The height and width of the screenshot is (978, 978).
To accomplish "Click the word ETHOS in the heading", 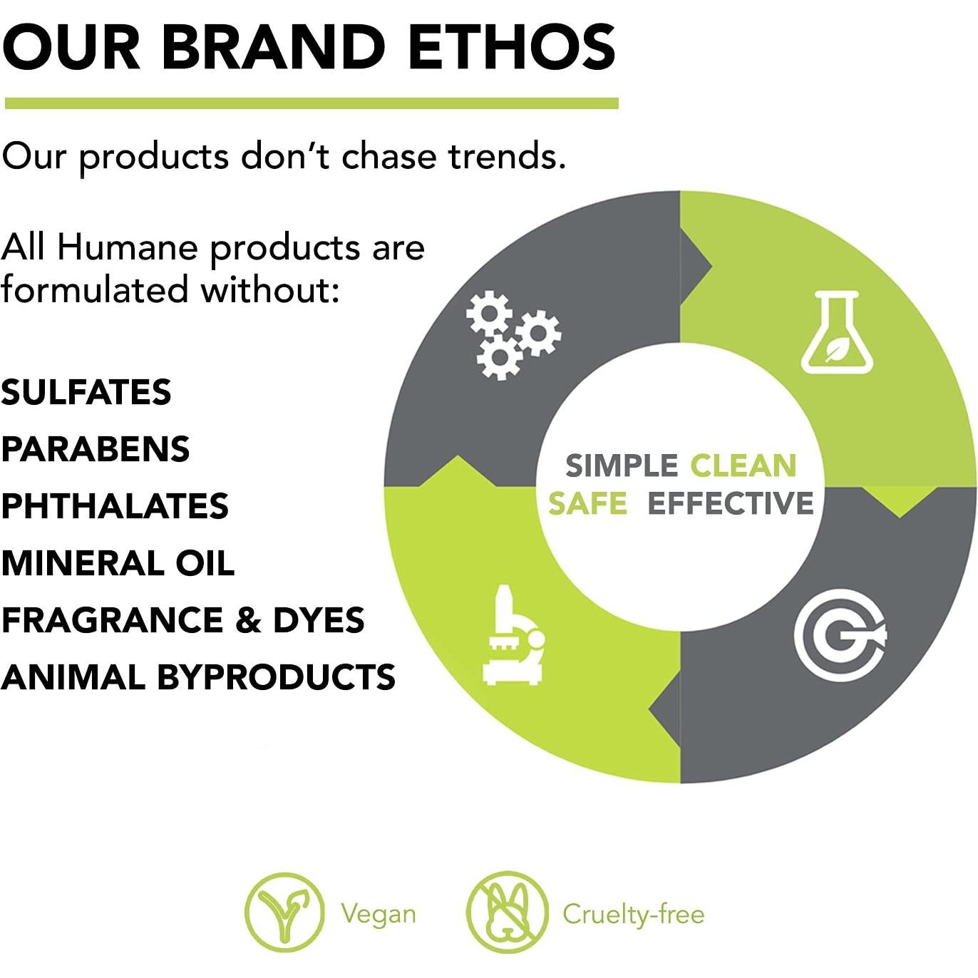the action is (512, 46).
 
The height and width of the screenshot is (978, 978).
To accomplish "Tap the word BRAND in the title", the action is (274, 46).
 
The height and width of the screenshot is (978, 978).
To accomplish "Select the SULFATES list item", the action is (86, 392).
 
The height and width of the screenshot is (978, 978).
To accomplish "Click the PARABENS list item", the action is (96, 449).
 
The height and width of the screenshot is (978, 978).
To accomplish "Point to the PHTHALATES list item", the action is (115, 506).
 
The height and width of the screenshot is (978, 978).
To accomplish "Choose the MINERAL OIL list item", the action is (118, 563).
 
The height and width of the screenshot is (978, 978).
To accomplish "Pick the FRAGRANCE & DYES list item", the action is (182, 620).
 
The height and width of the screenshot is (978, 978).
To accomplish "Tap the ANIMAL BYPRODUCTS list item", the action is (198, 677).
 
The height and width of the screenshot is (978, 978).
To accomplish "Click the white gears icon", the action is (513, 335).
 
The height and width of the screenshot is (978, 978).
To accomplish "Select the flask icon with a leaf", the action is (837, 332).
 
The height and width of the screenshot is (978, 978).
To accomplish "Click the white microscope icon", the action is (513, 634).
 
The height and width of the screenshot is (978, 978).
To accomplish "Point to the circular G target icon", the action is (840, 635).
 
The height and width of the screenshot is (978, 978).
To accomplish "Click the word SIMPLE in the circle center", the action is (621, 466).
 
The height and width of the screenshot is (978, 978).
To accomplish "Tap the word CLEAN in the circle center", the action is (743, 466).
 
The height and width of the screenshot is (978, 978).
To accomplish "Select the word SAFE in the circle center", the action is (587, 503).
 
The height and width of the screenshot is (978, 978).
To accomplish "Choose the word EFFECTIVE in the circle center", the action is (731, 503).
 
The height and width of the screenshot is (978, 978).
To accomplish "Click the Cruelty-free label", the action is (634, 915).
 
